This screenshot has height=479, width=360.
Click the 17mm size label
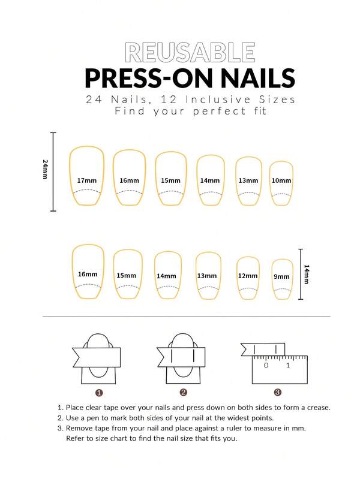[x=86, y=180]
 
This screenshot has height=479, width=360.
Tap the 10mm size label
[x=281, y=180]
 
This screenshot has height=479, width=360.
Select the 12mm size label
[x=248, y=276]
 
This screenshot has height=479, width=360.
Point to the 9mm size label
[x=281, y=276]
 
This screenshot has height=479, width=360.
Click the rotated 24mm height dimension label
[x=45, y=169]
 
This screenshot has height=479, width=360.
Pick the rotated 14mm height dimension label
[x=307, y=275]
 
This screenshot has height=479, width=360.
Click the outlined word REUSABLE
[x=190, y=53]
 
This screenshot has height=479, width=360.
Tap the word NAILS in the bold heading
[x=257, y=77]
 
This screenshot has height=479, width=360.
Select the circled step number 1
[x=99, y=393]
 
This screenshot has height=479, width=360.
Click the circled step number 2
[x=183, y=393]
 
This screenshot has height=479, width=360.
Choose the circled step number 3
[x=277, y=392]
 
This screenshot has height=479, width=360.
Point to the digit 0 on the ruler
[x=266, y=365]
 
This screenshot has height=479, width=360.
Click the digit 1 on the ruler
[x=288, y=365]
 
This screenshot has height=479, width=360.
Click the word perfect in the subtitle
[x=220, y=111]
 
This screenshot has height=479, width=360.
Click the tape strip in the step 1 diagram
[x=97, y=357]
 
